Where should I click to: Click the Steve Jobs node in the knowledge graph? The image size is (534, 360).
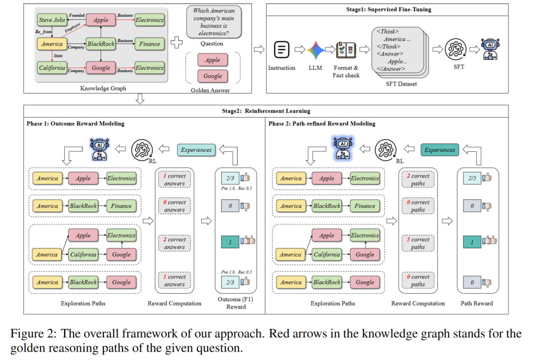(x=52, y=20)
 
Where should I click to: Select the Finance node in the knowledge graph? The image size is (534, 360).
(x=149, y=44)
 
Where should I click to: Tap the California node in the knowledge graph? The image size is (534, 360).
(x=52, y=68)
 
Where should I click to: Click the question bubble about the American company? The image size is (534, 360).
(x=214, y=22)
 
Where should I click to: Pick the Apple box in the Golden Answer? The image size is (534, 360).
(x=213, y=60)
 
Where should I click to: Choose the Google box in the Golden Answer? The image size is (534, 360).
(x=213, y=76)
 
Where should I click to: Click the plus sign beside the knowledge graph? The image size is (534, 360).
(x=177, y=43)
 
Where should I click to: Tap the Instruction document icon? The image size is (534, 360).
(x=282, y=50)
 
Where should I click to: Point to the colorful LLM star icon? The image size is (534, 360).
(x=315, y=50)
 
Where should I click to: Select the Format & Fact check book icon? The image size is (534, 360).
(x=346, y=50)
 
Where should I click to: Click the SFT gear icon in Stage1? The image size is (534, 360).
(x=456, y=50)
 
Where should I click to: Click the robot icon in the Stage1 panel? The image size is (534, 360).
(x=490, y=49)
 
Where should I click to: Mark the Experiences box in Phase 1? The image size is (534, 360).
(x=196, y=150)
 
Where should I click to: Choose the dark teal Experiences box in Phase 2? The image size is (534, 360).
(x=440, y=150)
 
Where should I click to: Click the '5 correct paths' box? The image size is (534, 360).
(x=418, y=243)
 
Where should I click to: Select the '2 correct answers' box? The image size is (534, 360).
(x=175, y=243)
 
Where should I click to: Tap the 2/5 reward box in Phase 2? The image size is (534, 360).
(x=472, y=178)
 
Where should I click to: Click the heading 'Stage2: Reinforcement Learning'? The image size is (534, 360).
(x=266, y=111)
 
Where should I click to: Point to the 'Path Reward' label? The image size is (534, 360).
(x=477, y=303)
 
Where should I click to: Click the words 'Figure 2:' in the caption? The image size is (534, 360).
(x=34, y=333)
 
